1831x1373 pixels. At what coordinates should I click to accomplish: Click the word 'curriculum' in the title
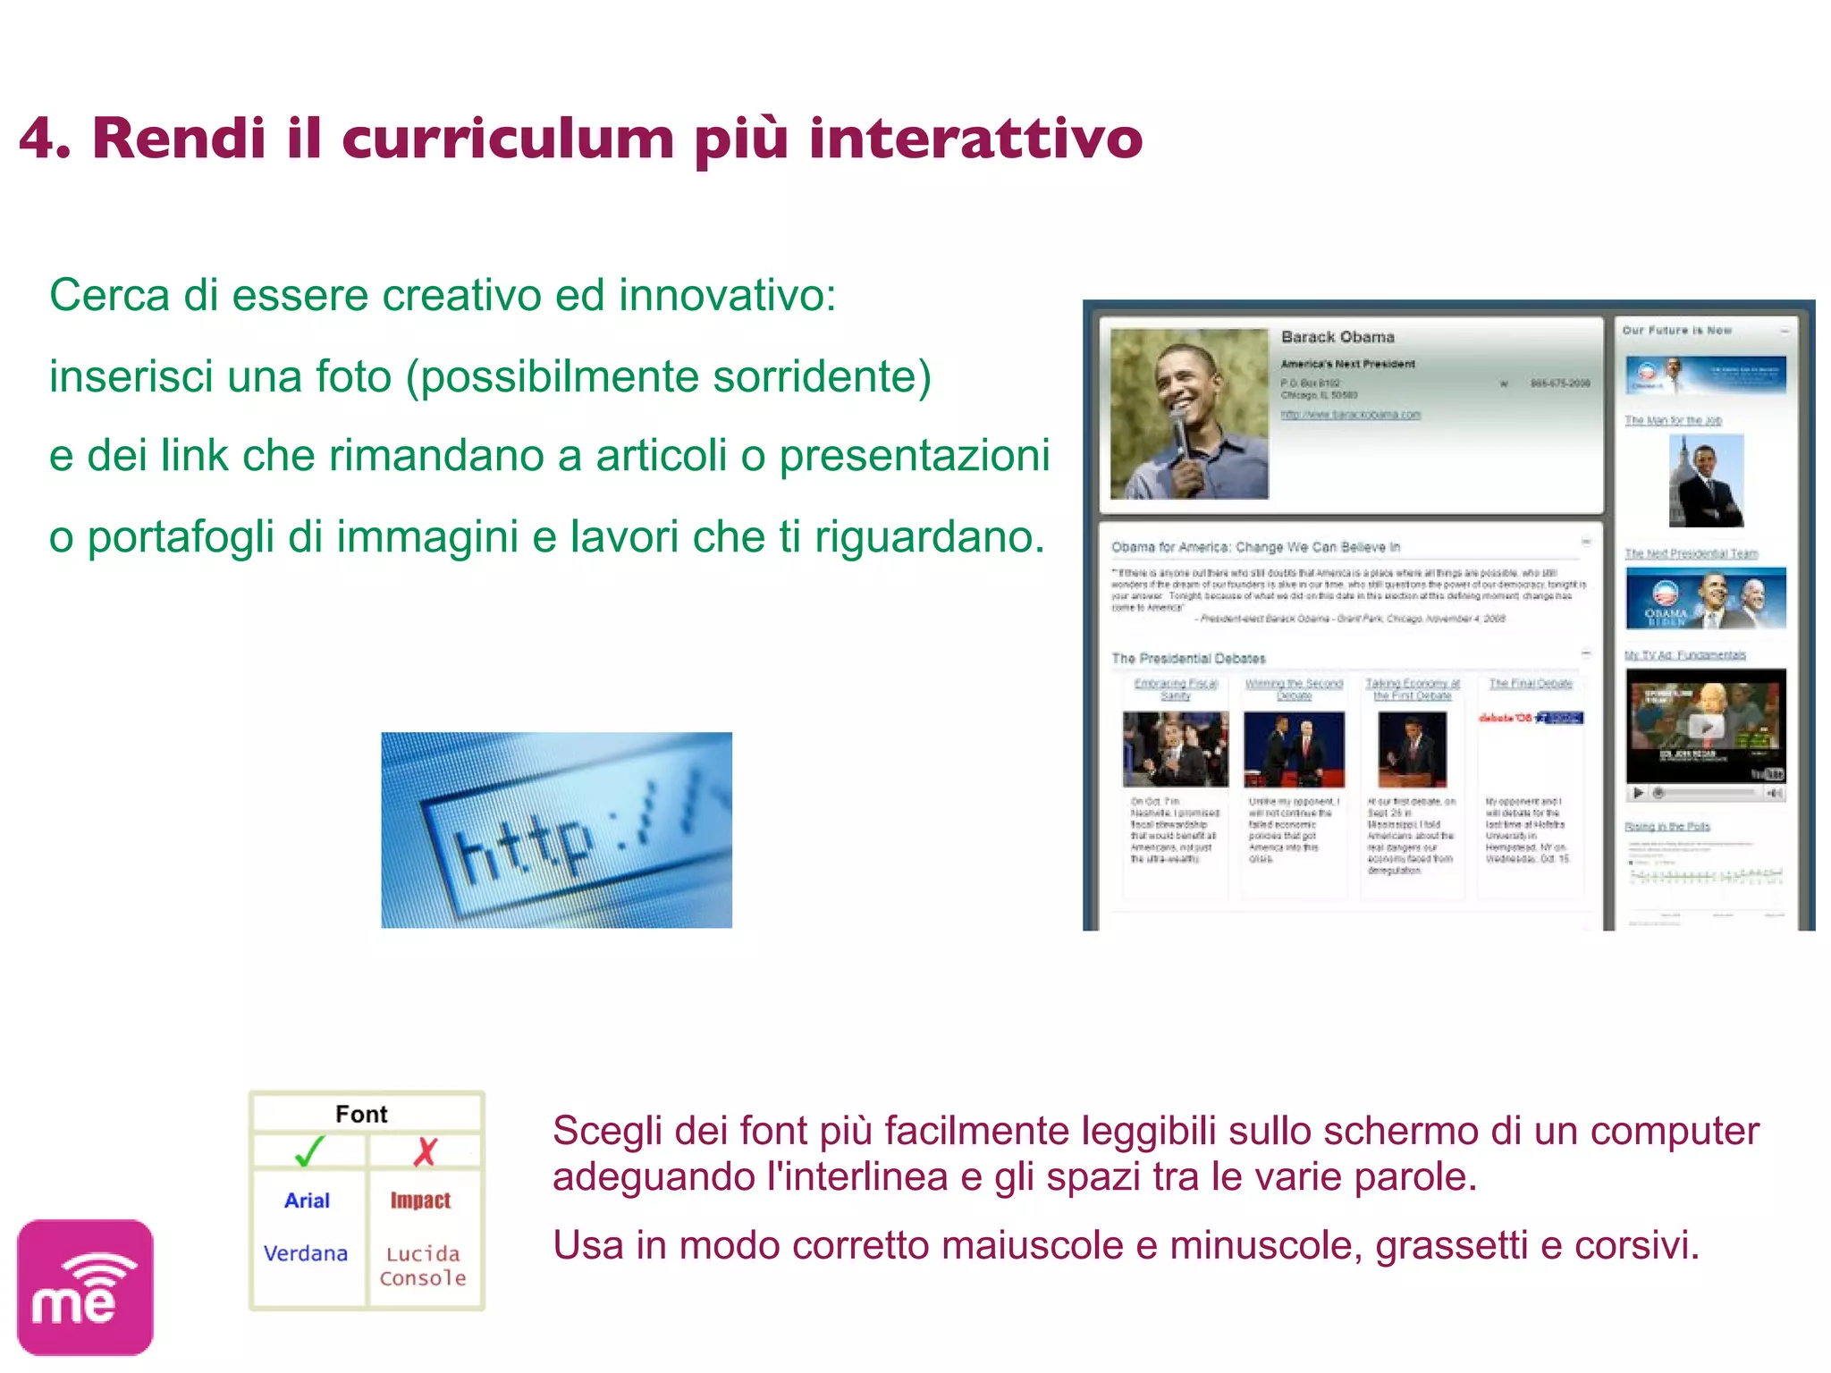(x=507, y=139)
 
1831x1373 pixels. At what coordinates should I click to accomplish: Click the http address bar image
(x=556, y=830)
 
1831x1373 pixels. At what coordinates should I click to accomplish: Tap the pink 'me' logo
(x=85, y=1287)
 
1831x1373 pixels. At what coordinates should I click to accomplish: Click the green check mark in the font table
(x=309, y=1151)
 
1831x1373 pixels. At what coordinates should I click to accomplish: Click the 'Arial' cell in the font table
(x=307, y=1200)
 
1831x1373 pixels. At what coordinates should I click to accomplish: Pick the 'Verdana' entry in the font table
(x=306, y=1253)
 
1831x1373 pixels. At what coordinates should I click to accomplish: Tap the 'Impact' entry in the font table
(x=420, y=1200)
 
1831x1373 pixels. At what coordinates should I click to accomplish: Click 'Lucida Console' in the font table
(x=423, y=1266)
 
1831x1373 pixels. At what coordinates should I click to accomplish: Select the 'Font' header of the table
(x=361, y=1114)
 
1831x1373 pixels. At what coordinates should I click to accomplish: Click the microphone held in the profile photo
(x=1180, y=429)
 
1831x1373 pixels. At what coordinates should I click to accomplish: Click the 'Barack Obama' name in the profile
(x=1337, y=337)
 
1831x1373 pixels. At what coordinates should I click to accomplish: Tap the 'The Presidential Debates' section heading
(x=1188, y=659)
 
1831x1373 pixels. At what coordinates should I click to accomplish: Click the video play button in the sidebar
(x=1706, y=727)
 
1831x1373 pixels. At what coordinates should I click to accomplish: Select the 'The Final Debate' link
(x=1531, y=684)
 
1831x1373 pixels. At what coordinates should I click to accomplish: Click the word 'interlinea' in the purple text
(x=859, y=1177)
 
